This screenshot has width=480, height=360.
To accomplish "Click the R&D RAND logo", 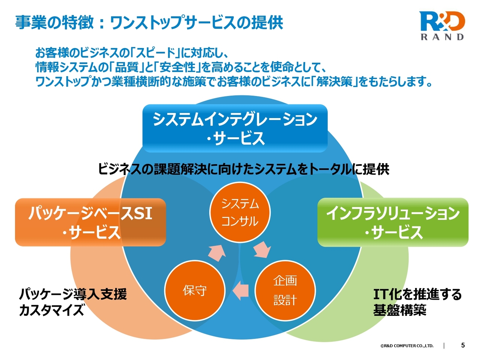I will (x=442, y=25).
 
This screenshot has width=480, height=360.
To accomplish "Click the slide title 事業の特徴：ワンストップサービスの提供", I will (x=149, y=22).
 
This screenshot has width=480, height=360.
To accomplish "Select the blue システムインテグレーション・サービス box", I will (x=235, y=128).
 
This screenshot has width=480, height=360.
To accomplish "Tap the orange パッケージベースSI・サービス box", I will (x=90, y=222).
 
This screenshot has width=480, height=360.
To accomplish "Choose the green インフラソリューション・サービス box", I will (x=393, y=222).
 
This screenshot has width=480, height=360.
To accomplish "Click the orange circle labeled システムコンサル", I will (x=240, y=212).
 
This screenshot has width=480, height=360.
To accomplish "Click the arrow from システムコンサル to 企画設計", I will (x=262, y=249).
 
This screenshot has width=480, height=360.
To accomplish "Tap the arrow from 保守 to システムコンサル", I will (x=217, y=253).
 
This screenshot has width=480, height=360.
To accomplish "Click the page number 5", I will (x=463, y=345).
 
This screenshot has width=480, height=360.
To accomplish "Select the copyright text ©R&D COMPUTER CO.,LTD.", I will (x=407, y=346).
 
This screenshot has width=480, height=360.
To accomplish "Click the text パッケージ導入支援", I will (x=73, y=294).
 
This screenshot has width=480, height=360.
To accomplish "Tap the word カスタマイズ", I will (x=52, y=310).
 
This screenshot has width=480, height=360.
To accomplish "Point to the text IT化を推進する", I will (x=417, y=294).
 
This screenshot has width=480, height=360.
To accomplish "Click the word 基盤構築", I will (x=399, y=310).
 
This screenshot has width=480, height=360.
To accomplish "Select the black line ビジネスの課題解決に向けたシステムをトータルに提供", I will (x=243, y=169).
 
